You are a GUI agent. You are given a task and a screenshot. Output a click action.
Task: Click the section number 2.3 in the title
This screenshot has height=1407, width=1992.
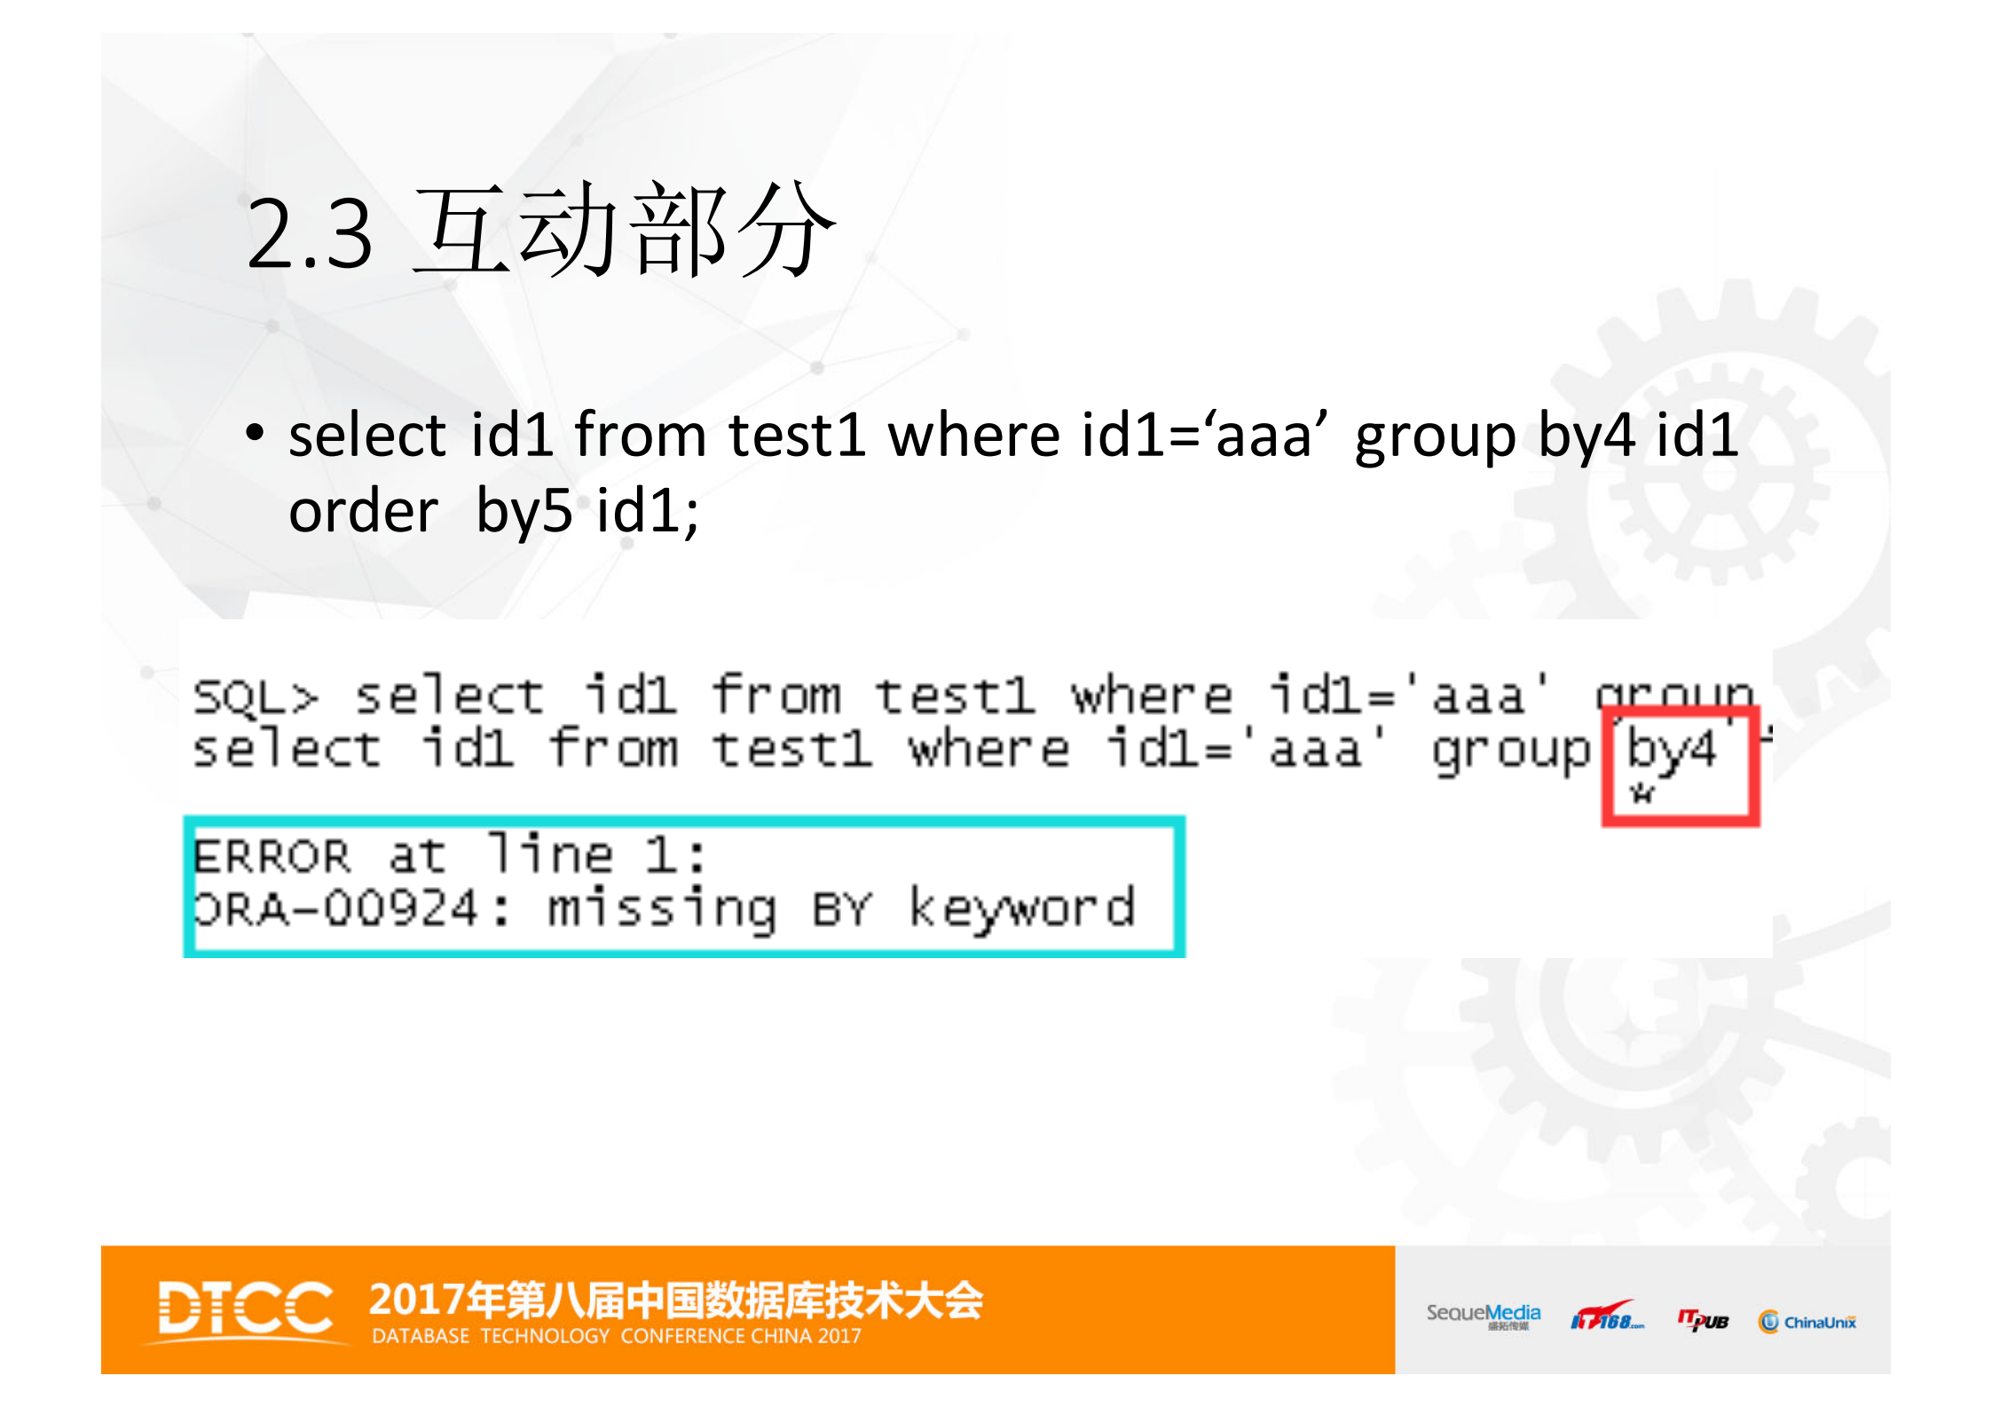pyautogui.click(x=309, y=234)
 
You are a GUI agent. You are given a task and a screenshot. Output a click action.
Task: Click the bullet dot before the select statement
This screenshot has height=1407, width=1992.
pyautogui.click(x=256, y=434)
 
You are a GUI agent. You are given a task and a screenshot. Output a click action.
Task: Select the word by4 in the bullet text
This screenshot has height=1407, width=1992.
pyautogui.click(x=1586, y=436)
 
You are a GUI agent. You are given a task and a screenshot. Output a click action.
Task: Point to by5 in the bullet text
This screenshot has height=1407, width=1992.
pyautogui.click(x=524, y=512)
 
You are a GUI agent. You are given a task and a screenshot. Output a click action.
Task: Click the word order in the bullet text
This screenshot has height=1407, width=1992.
pyautogui.click(x=364, y=512)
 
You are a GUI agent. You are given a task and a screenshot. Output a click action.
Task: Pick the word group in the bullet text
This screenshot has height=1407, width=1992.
pyautogui.click(x=1435, y=436)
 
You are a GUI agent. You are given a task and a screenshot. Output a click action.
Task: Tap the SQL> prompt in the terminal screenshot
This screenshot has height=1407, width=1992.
pyautogui.click(x=256, y=696)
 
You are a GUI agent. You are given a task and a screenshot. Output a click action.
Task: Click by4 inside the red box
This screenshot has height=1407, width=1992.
pyautogui.click(x=1671, y=751)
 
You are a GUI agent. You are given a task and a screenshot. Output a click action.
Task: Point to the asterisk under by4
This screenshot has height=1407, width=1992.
pyautogui.click(x=1642, y=792)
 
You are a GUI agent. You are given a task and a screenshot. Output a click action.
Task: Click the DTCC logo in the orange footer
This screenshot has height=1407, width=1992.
pyautogui.click(x=246, y=1309)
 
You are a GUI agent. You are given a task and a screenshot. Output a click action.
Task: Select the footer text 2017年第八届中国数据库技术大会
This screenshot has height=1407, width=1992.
pyautogui.click(x=676, y=1301)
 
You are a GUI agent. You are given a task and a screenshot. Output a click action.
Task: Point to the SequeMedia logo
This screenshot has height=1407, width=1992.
pyautogui.click(x=1483, y=1315)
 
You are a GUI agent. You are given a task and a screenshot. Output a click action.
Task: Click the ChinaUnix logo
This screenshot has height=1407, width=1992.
pyautogui.click(x=1807, y=1322)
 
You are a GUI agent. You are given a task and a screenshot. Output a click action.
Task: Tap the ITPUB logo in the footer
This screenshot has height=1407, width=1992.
pyautogui.click(x=1703, y=1321)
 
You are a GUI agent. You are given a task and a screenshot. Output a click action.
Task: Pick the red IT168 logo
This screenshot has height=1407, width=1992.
pyautogui.click(x=1606, y=1317)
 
